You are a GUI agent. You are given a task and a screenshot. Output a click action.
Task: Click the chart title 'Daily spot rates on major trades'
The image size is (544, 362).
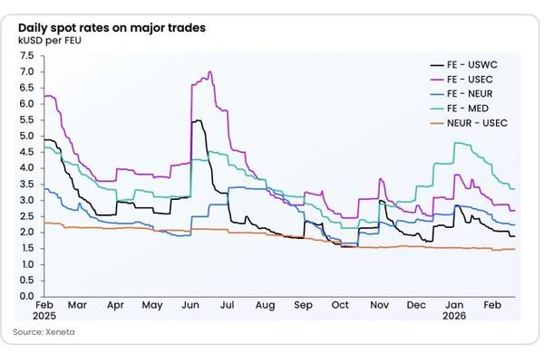(112, 28)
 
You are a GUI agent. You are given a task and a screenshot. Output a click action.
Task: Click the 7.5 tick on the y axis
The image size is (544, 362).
(26, 55)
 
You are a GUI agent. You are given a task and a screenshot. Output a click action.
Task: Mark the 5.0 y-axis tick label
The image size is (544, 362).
(26, 136)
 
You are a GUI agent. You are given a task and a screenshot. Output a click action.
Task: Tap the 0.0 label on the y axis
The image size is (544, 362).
(26, 296)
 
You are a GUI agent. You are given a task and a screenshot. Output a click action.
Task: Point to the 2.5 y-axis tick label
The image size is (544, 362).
(26, 216)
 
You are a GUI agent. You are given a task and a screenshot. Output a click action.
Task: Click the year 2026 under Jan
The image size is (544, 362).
(455, 319)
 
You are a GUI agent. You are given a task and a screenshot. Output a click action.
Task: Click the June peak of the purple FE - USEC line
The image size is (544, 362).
(210, 72)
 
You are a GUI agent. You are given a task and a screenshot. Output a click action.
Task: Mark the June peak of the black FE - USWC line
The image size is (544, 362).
(197, 120)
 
